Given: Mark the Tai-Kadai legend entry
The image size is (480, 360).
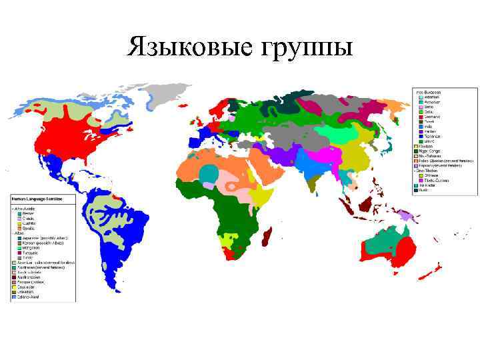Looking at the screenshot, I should (x=427, y=185).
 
